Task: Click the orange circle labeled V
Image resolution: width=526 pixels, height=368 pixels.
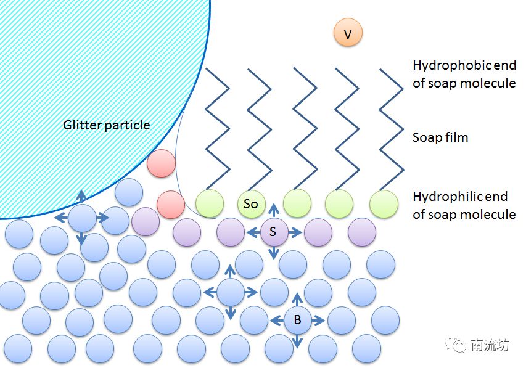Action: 348,33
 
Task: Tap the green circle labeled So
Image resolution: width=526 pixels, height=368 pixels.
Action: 252,203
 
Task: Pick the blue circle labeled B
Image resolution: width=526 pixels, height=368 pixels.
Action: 297,320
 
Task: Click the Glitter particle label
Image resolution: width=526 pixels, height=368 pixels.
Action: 107,125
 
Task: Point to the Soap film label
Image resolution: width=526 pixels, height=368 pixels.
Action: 440,137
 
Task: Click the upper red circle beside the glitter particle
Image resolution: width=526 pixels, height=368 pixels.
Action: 161,164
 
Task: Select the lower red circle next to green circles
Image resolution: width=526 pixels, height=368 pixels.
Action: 171,205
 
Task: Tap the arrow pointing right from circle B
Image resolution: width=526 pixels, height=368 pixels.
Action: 318,320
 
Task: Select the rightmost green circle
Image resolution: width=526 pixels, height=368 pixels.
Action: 384,203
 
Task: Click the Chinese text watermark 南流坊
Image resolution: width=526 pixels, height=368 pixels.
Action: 490,345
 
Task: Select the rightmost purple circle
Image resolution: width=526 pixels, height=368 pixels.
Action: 362,232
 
